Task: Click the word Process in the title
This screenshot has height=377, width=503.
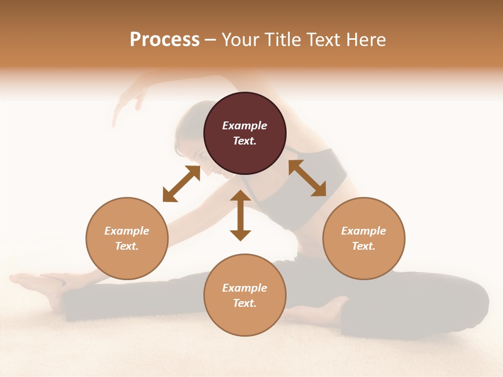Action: pyautogui.click(x=165, y=40)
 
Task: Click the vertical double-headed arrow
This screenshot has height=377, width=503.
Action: pyautogui.click(x=240, y=215)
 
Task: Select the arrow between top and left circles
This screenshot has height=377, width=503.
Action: pyautogui.click(x=181, y=184)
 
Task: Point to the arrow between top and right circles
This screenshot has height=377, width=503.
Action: pyautogui.click(x=307, y=178)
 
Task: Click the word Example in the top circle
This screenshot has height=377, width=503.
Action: pyautogui.click(x=245, y=126)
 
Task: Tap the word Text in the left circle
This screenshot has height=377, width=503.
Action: pyautogui.click(x=127, y=246)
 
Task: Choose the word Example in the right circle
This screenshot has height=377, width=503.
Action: pyautogui.click(x=364, y=231)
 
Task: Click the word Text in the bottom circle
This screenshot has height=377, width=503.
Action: pyautogui.click(x=245, y=304)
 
